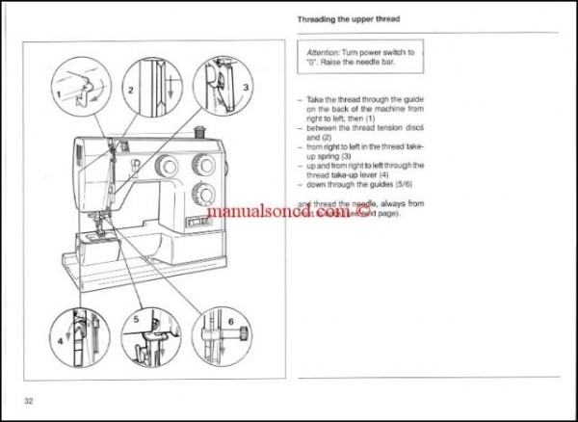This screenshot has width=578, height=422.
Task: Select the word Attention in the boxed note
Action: [x=327, y=53]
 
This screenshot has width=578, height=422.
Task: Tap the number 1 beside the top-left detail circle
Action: [x=59, y=92]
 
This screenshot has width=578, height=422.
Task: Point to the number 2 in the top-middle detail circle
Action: [x=128, y=88]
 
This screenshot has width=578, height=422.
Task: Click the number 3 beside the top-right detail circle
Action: [x=246, y=87]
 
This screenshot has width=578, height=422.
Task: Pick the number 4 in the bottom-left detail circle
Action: [x=60, y=341]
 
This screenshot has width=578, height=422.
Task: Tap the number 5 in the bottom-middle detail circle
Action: [x=137, y=317]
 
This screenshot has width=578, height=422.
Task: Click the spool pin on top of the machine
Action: [x=200, y=128]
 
